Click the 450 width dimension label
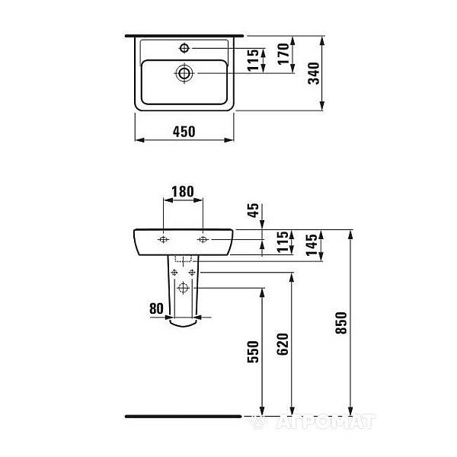(184, 132)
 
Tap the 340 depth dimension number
(314, 73)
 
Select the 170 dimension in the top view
(283, 53)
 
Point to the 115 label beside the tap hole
(253, 60)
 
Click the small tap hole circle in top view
(184, 48)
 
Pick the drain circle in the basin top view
(184, 73)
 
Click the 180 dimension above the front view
(183, 191)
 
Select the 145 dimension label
(312, 244)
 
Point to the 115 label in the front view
(282, 242)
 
